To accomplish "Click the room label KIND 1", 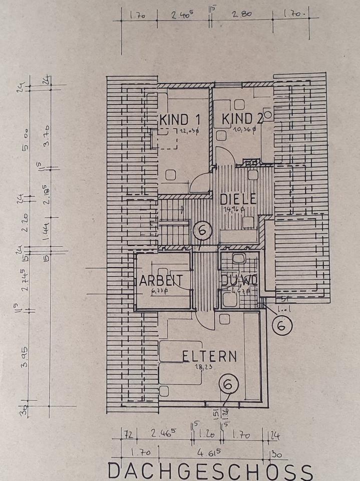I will tap(180, 120).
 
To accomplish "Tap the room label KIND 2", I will tap(242, 119).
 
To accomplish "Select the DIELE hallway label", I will tap(238, 199).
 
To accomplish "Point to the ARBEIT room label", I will tap(161, 281).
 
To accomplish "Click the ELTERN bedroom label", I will tap(209, 356).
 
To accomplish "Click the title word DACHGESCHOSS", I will tap(210, 472).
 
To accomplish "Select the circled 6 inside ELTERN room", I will tap(228, 385).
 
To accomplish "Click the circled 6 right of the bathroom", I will tap(282, 326).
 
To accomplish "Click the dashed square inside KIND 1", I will tap(165, 139).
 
